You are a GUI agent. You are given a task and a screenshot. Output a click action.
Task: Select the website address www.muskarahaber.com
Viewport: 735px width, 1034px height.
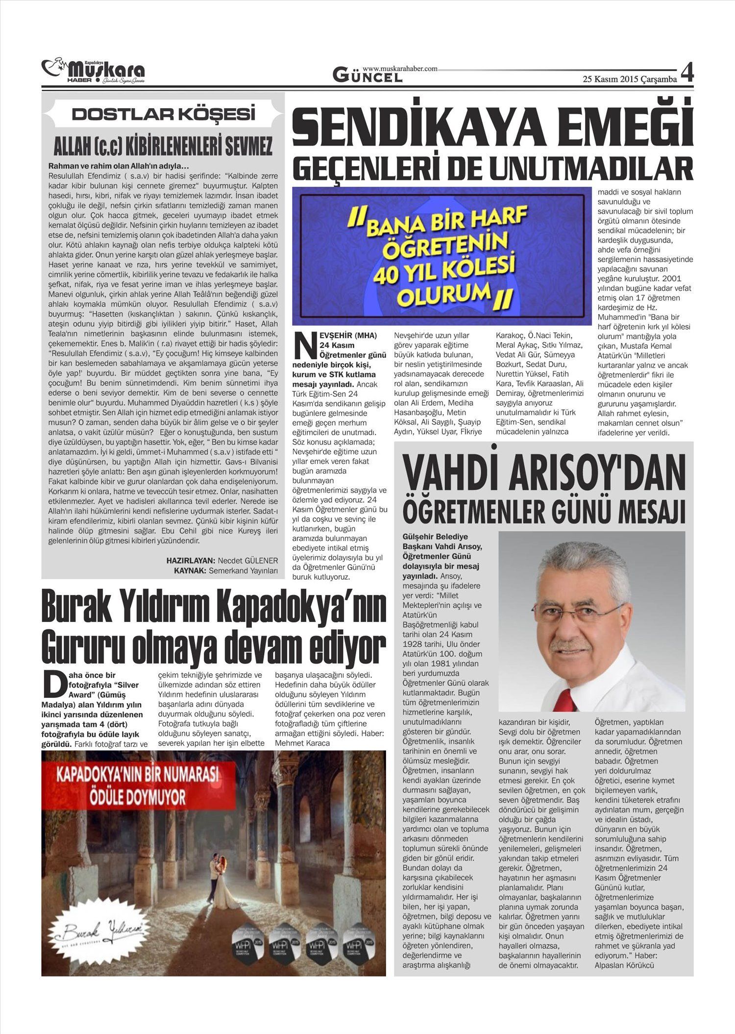click(400, 69)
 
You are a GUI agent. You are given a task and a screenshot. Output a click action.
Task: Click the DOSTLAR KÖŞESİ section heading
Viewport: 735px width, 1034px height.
click(163, 115)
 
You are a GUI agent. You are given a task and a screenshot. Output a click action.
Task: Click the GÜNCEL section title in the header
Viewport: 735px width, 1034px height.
click(367, 75)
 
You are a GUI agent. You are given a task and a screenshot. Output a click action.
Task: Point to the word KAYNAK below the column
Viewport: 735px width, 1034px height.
click(191, 570)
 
